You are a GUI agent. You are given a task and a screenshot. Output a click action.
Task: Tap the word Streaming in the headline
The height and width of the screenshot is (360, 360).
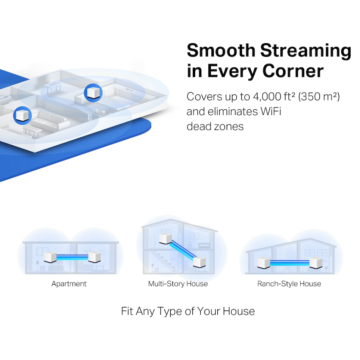305,50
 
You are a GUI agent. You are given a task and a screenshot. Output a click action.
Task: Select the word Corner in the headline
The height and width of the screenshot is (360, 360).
293,71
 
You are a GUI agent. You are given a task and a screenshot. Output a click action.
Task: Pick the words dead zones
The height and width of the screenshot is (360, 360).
215,127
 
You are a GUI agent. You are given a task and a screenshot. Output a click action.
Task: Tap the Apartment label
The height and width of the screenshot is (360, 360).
69,284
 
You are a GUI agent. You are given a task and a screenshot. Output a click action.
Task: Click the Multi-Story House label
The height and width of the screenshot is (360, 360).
178,284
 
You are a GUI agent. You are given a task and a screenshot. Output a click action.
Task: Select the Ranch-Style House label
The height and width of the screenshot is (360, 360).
289,284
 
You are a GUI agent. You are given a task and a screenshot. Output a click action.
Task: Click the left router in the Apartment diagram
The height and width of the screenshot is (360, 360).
50,257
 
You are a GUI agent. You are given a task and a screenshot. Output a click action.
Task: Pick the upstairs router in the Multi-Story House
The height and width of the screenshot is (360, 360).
165,239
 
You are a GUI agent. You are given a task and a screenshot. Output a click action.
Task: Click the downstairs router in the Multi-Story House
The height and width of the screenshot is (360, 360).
199,261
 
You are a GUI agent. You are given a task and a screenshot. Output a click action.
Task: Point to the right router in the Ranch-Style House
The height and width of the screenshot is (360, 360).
316,262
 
